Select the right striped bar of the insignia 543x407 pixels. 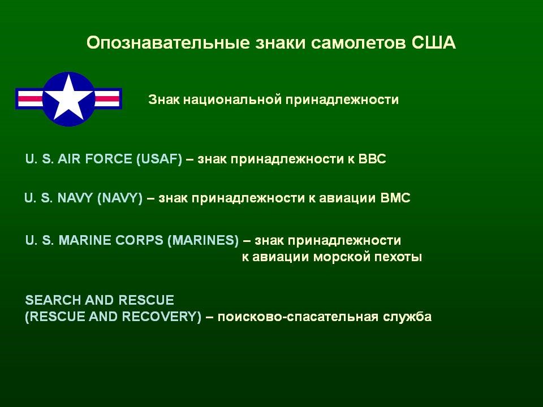tap(107, 98)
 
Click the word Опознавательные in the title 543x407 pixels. tap(168, 43)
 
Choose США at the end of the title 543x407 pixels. tap(434, 42)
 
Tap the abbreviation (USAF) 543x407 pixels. tap(159, 159)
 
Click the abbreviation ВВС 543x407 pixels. tap(372, 159)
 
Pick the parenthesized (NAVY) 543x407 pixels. tap(120, 198)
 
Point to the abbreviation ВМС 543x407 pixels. tap(395, 198)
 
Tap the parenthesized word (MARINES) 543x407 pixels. tap(203, 241)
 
